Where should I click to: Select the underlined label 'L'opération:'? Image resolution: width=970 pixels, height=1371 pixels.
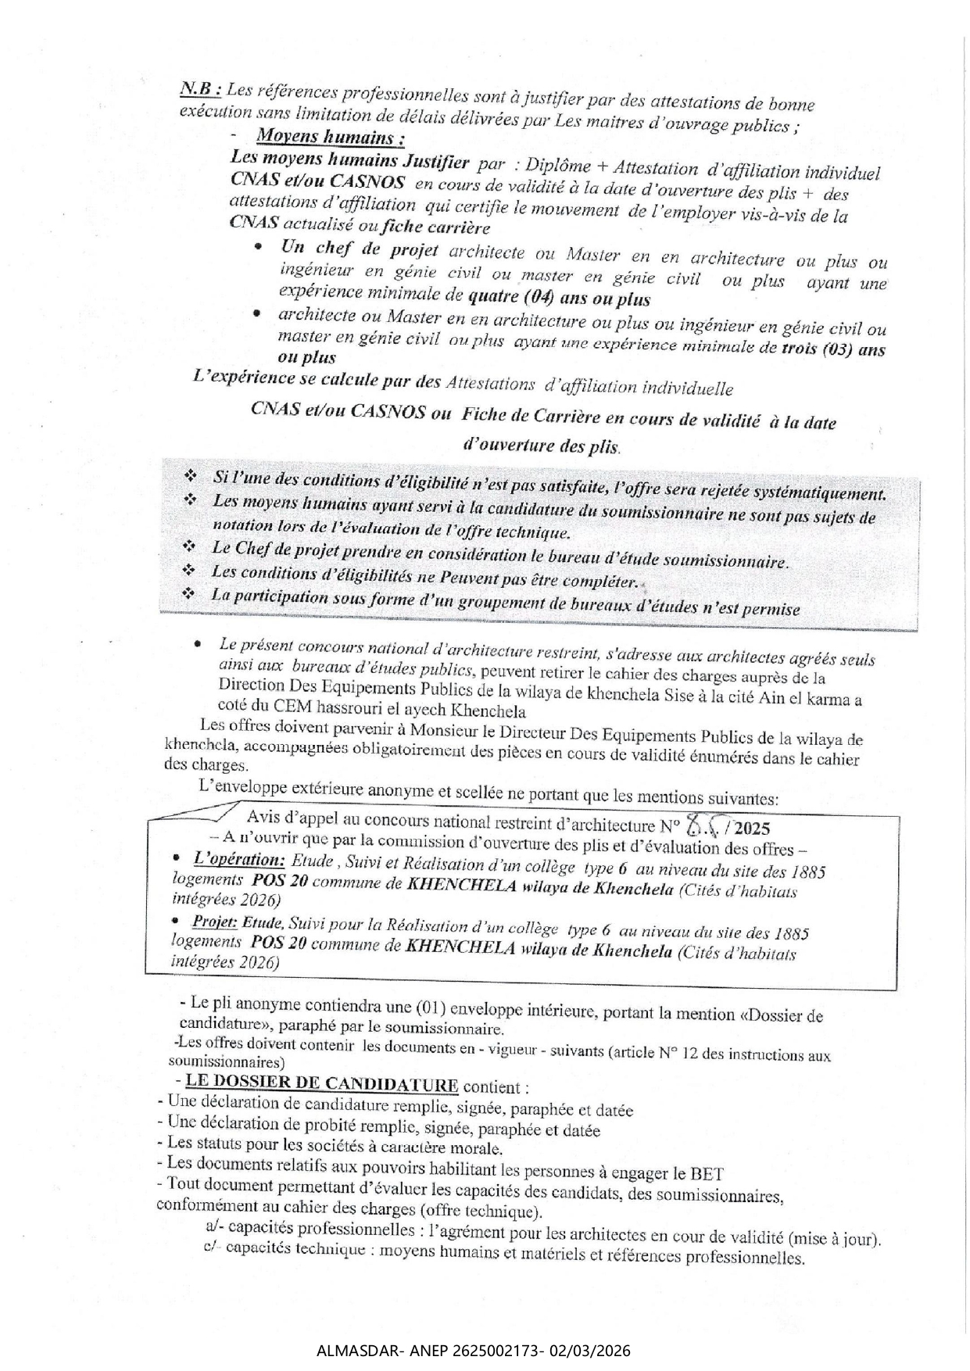(238, 860)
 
